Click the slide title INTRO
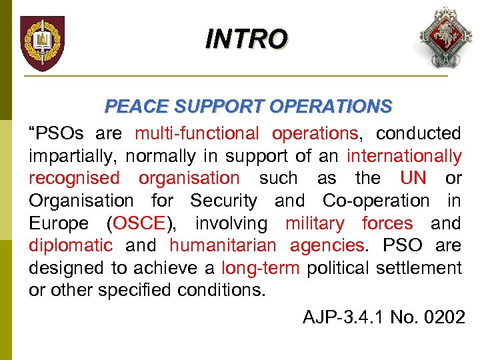[x=247, y=39]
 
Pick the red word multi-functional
[x=197, y=133]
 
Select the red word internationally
[x=404, y=156]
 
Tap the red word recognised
[x=74, y=178]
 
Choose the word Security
[x=223, y=201]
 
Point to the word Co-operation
[x=376, y=201]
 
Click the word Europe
[x=59, y=223]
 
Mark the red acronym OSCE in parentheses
[x=139, y=223]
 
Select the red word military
[x=315, y=223]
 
